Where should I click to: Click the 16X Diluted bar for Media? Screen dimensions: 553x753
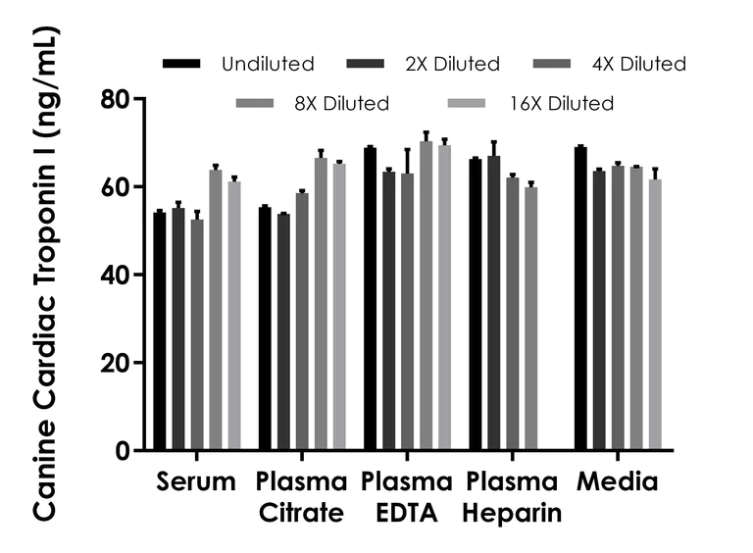pos(655,314)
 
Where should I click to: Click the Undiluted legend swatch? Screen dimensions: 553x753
pos(180,64)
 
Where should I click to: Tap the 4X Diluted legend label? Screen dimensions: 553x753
pos(637,65)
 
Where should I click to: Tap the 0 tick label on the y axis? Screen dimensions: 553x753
pos(124,450)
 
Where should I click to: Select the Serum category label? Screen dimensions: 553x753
pos(196,482)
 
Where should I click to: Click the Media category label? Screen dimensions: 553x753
pos(618,482)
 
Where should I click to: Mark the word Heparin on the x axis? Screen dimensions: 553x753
pos(513,513)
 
